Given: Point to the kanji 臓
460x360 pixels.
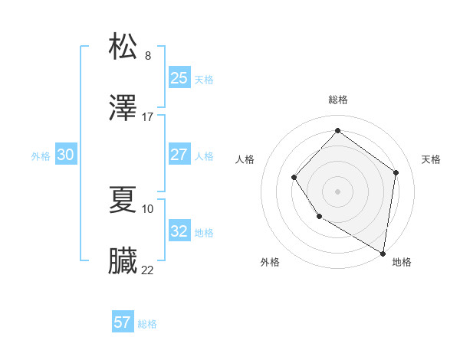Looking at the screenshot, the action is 123,261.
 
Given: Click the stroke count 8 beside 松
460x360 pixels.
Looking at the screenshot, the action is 148,55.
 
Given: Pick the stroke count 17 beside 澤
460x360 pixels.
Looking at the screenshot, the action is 148,117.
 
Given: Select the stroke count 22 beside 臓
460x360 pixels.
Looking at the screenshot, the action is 148,270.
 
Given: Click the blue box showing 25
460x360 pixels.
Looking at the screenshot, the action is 179,78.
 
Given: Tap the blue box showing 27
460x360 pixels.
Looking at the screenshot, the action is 179,155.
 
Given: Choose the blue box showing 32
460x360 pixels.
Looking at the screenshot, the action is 179,231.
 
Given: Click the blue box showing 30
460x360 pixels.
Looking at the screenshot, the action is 66,155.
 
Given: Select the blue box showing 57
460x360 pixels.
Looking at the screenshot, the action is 123,322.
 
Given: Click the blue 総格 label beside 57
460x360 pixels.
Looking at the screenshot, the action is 147,324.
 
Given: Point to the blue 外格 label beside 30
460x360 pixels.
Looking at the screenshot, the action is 41,156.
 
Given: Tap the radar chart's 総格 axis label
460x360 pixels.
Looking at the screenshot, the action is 337,100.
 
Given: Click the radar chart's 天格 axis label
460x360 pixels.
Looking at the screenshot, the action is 431,159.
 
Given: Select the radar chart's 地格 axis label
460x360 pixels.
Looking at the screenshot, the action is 402,262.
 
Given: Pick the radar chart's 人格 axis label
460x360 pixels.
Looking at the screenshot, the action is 245,159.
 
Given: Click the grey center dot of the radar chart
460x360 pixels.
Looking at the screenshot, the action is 337,191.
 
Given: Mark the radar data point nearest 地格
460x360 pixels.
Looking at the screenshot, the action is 383,253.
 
